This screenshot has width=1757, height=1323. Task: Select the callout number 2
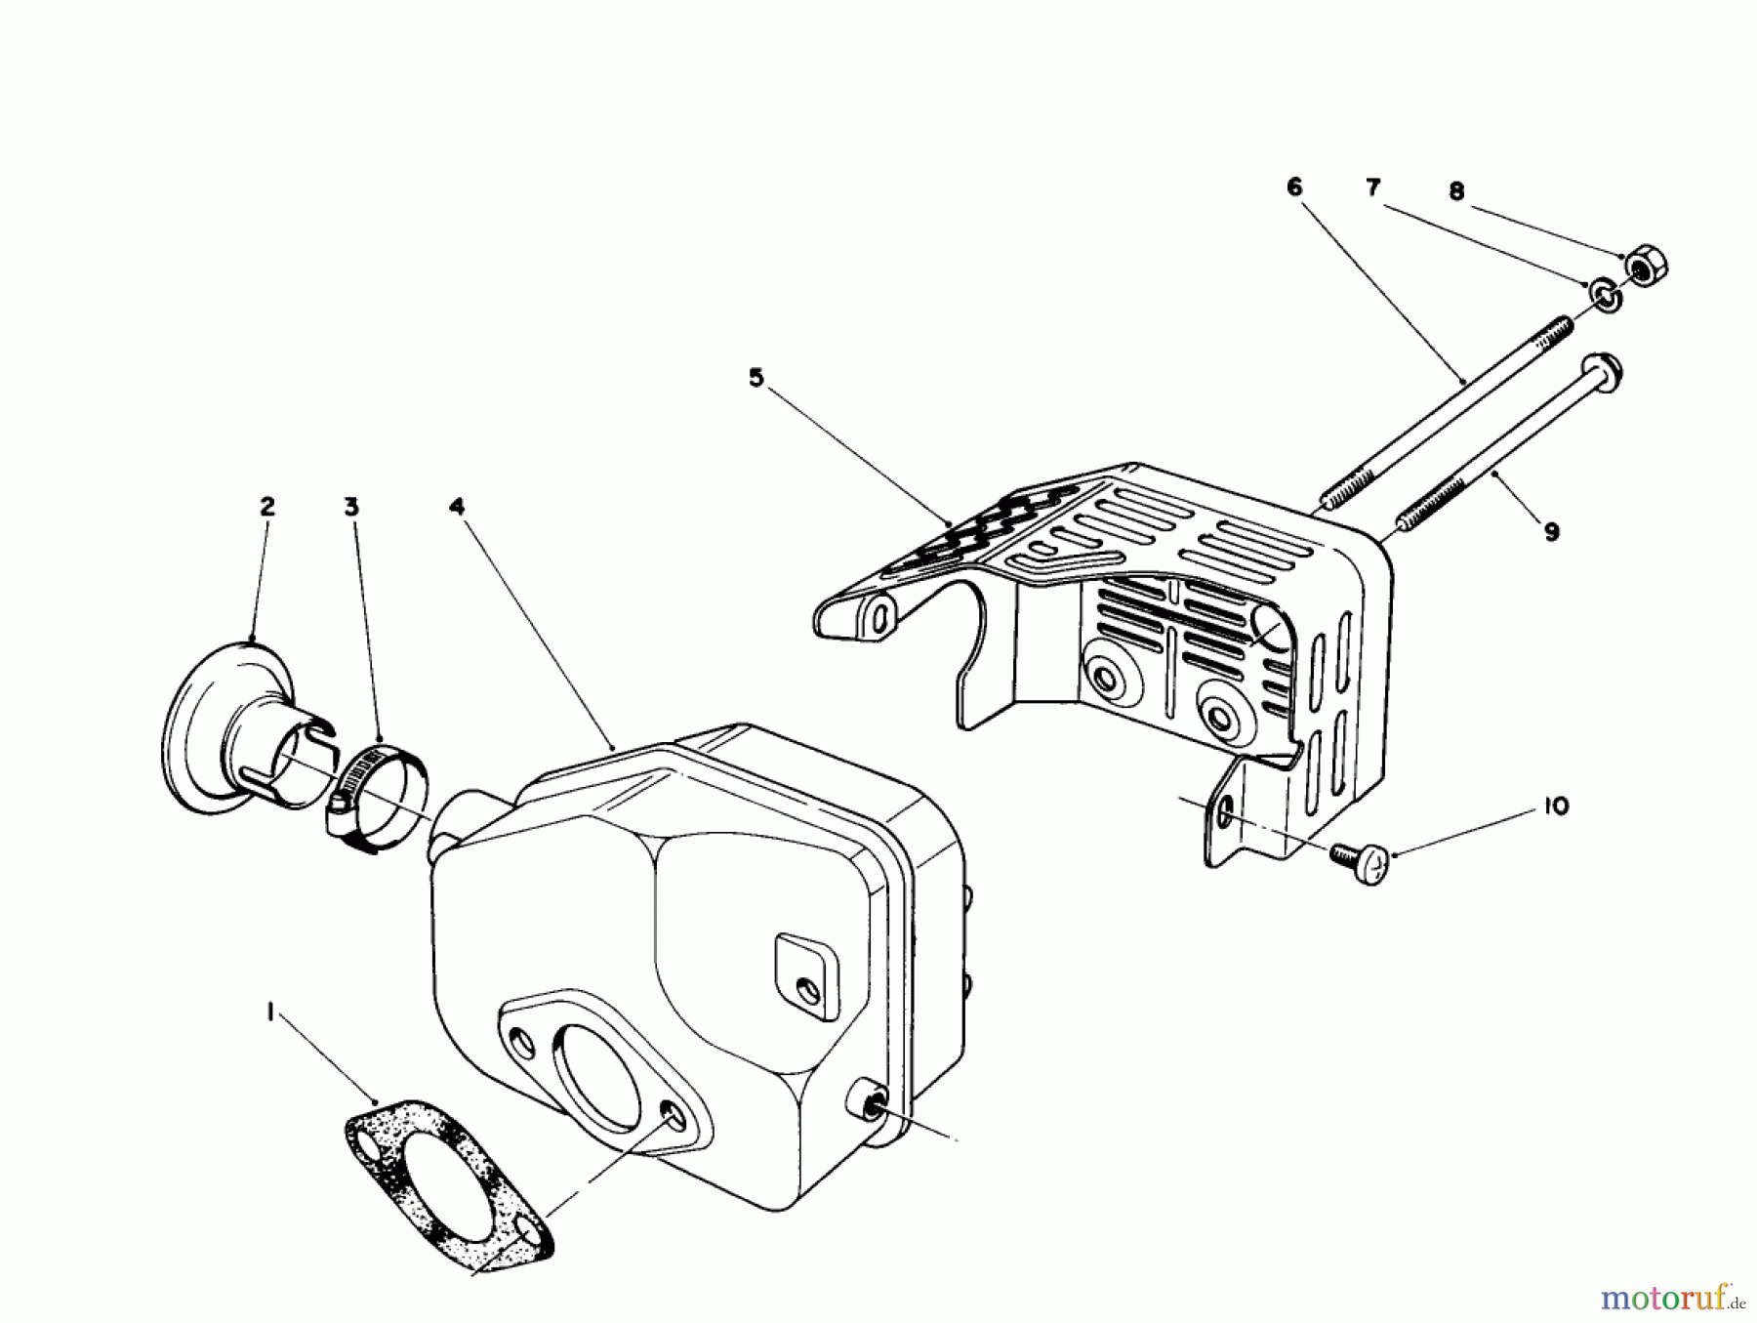266,507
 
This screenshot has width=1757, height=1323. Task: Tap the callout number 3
351,507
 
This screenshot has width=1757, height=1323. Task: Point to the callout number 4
457,507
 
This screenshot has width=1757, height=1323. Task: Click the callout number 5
756,378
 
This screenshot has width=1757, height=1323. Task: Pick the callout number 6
1294,186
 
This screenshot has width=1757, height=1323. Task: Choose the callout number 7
1373,186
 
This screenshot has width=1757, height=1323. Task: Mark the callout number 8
1456,191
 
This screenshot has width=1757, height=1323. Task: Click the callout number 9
1552,532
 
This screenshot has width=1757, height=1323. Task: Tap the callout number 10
1556,806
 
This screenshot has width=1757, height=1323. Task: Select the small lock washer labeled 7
1604,294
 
